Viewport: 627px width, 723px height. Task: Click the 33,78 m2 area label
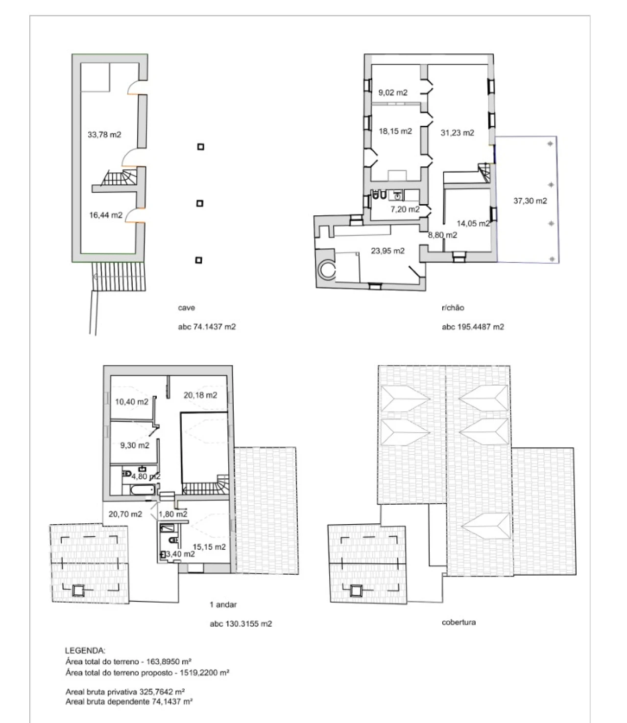pos(104,134)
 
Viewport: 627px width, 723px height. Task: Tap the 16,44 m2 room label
pos(106,215)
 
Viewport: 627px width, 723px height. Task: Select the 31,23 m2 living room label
pos(457,133)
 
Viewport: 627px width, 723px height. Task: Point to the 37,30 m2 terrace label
pos(530,200)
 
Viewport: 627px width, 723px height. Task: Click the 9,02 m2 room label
pos(393,93)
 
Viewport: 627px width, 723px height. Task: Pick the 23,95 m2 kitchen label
pos(387,251)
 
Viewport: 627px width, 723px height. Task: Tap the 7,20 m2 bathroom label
pos(405,209)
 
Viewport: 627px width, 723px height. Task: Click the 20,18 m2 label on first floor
pos(200,395)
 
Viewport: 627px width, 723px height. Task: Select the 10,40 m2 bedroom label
pos(132,401)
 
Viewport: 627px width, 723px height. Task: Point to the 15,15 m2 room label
pos(209,547)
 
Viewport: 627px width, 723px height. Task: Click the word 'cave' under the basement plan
pos(186,308)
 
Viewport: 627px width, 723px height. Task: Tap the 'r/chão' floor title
pos(453,307)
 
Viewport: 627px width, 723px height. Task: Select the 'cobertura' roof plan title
pos(458,622)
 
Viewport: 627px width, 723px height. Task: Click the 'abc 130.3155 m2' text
pos(241,624)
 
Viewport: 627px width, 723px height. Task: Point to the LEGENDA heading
pos(85,651)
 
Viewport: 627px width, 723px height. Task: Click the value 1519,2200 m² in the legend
pos(204,673)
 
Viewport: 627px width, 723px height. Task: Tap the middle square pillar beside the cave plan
pos(200,203)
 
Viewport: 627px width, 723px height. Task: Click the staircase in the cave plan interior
pos(119,177)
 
